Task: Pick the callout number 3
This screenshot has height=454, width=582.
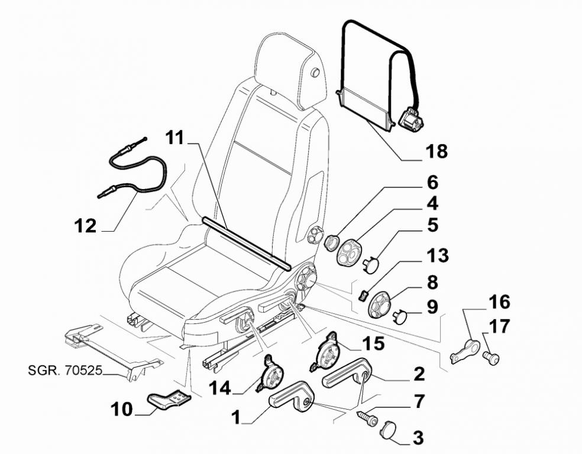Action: pos(418,438)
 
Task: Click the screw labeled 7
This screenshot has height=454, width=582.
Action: pos(367,418)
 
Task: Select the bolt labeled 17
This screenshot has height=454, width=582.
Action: pos(491,356)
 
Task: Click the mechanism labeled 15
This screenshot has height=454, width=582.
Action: pos(327,354)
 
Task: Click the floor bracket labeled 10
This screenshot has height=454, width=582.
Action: pos(169,400)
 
